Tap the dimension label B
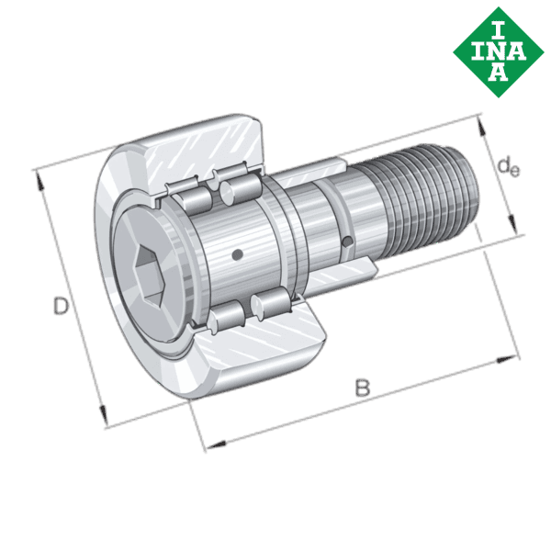[x=363, y=388]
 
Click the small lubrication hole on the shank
[x=346, y=242]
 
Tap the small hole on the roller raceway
[x=237, y=254]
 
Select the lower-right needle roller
[x=267, y=305]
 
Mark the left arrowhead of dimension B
[x=209, y=445]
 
